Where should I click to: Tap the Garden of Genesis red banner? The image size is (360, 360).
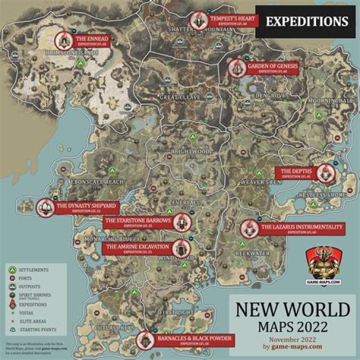270,68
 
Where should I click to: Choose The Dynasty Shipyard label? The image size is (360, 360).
85,207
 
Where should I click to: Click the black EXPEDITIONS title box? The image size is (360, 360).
306,21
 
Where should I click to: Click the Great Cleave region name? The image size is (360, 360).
180,97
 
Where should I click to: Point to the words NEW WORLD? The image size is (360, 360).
292,310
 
